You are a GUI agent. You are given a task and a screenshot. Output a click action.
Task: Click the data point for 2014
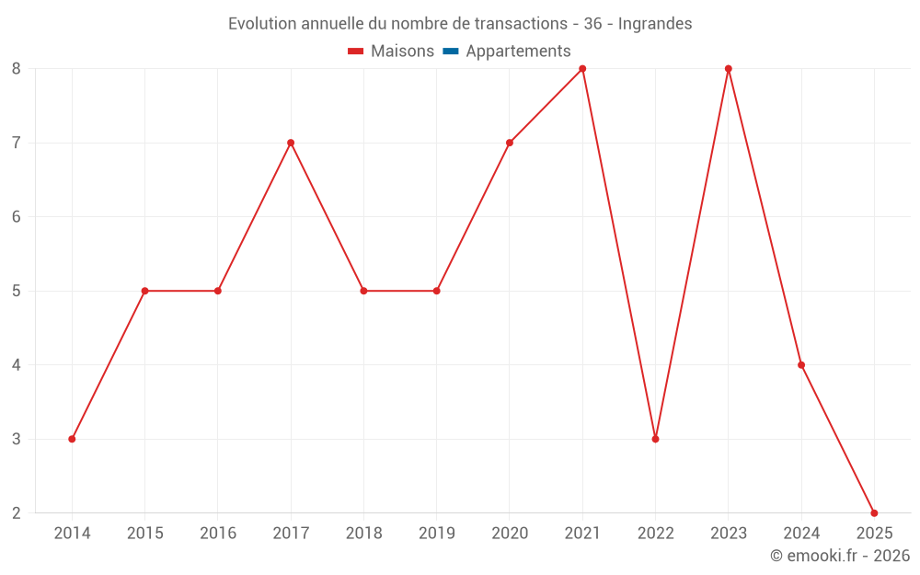click(72, 439)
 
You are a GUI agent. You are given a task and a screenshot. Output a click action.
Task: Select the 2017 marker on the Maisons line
click(291, 143)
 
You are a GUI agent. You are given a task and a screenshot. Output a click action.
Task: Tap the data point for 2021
click(582, 69)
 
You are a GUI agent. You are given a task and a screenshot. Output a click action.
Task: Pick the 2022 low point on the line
click(655, 439)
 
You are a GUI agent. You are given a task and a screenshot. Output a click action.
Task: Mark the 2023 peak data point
click(729, 69)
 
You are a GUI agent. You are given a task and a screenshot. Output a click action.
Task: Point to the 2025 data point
click(874, 512)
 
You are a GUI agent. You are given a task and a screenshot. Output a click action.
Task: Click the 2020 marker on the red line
click(510, 143)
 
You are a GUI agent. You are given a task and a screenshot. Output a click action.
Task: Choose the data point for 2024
click(801, 365)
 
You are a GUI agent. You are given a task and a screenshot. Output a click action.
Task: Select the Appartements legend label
click(518, 52)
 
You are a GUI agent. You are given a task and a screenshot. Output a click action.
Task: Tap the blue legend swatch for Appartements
click(450, 52)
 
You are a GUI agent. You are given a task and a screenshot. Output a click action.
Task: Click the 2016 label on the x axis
click(218, 534)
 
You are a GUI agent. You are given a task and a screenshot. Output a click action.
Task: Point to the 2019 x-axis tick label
click(436, 534)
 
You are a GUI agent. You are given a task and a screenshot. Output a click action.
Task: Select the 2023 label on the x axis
click(729, 534)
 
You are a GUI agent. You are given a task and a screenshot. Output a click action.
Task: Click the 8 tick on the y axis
click(17, 69)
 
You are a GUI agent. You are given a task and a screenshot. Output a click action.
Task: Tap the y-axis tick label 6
click(17, 217)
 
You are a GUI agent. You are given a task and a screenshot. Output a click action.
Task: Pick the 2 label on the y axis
click(17, 513)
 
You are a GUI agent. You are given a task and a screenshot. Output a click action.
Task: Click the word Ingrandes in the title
click(655, 23)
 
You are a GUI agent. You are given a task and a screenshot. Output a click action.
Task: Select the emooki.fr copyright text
click(840, 556)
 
